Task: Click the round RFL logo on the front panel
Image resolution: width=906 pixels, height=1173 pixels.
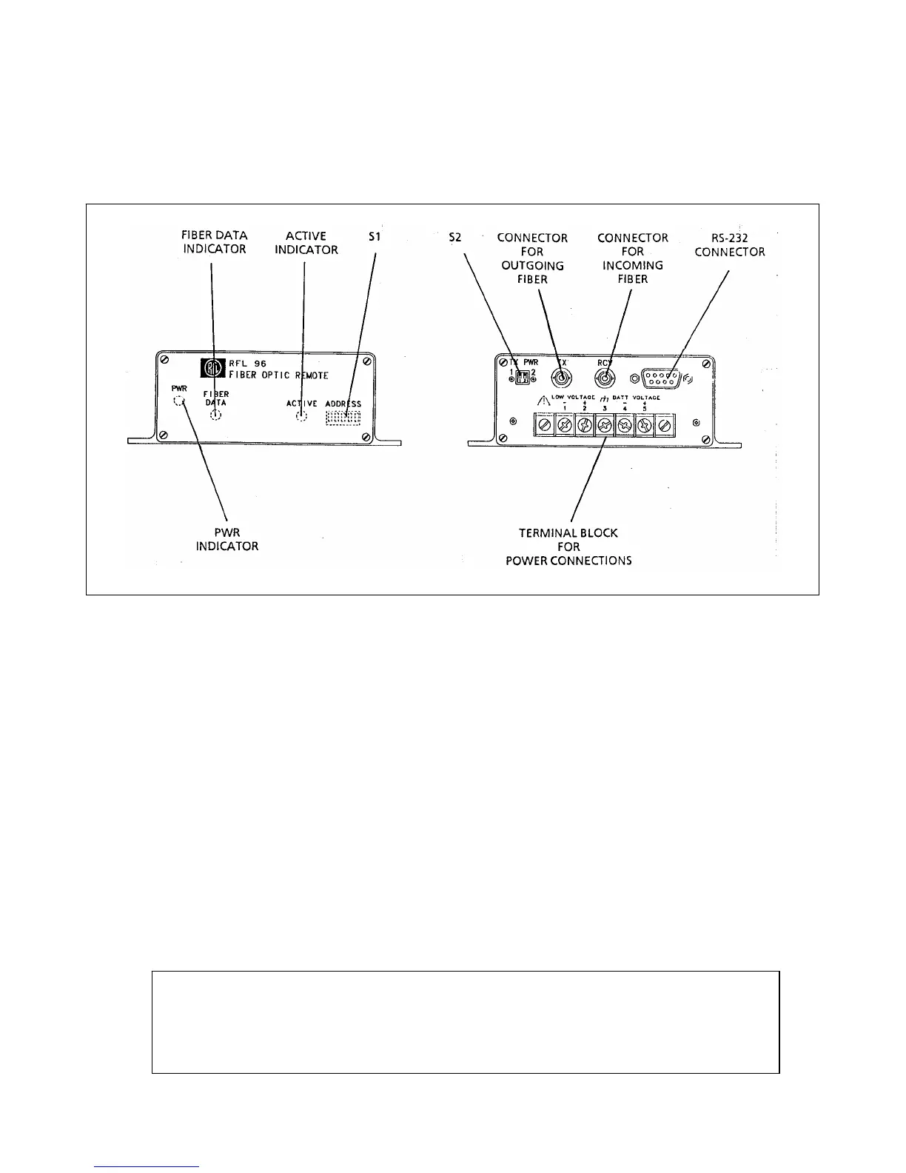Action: (212, 368)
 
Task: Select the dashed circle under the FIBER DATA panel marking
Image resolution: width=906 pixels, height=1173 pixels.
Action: (216, 415)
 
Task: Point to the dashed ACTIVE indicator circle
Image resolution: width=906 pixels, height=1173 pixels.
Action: (301, 416)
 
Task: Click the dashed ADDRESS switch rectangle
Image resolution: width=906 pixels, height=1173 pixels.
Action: (343, 418)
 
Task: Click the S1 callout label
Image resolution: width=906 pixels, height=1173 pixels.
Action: (376, 237)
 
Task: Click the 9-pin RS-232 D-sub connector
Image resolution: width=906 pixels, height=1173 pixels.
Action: (662, 378)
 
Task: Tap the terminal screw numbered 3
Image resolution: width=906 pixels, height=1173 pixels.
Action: (605, 425)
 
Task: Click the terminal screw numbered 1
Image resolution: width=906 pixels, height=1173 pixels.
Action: (565, 425)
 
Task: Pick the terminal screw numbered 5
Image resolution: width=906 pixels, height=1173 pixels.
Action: (645, 425)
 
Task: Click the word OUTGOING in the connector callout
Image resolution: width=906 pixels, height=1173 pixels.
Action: (532, 266)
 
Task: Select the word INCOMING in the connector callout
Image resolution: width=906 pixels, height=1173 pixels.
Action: (633, 266)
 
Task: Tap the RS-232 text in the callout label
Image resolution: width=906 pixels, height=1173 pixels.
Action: (729, 238)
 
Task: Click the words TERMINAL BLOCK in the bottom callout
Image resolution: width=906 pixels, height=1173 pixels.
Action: (568, 533)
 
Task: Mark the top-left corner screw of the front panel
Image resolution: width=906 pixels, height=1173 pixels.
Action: (164, 361)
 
